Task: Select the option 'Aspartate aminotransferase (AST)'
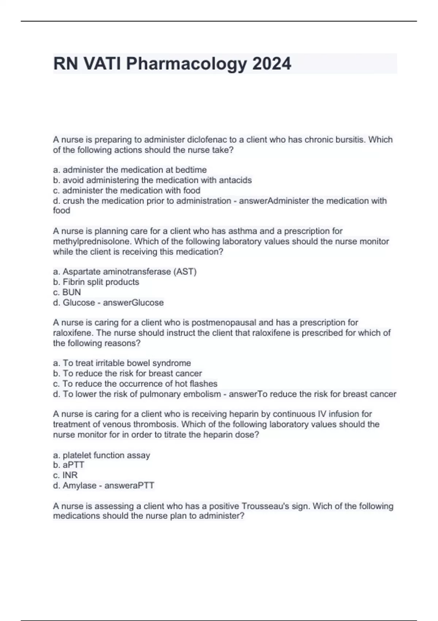pos(125,272)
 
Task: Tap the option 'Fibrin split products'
pos(96,282)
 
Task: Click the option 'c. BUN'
pos(67,292)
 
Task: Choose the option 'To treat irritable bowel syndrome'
pos(122,363)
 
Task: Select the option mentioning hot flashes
pos(135,384)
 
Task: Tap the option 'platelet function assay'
pos(101,455)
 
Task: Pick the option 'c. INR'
pos(65,475)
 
